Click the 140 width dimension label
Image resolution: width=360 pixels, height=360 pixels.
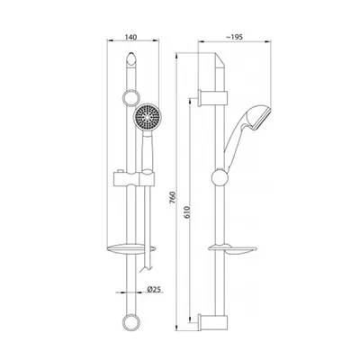click(x=130, y=37)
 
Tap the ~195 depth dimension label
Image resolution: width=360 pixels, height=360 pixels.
click(x=234, y=37)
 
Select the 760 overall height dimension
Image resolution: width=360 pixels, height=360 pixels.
click(x=172, y=197)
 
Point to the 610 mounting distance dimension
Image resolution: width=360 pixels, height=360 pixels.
click(x=186, y=211)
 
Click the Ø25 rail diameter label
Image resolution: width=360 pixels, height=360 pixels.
click(x=155, y=289)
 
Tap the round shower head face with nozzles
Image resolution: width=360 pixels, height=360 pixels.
click(x=145, y=116)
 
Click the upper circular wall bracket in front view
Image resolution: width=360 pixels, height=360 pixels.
click(x=131, y=98)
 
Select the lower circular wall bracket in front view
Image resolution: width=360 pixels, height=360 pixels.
click(x=131, y=322)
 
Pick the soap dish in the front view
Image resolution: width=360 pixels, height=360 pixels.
click(x=131, y=248)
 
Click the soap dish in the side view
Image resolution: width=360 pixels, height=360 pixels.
click(x=232, y=248)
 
